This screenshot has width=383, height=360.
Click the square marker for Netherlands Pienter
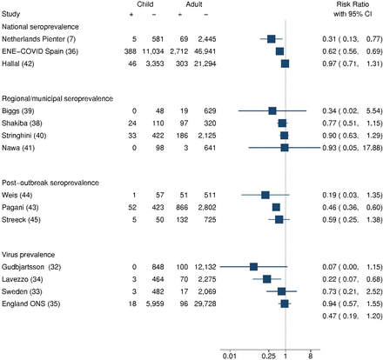pos(272,39)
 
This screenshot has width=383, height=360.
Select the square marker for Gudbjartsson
pos(253,267)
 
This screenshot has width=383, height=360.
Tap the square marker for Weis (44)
pos(265,195)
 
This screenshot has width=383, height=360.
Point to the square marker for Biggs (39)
pos(272,110)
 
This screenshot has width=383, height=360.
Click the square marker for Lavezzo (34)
pos(267,279)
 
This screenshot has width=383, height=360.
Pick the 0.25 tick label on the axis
pos(268,356)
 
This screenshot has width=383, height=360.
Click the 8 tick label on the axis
pos(311,356)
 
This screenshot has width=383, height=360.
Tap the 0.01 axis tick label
pos(230,356)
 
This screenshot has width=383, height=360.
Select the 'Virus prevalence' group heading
pos(29,255)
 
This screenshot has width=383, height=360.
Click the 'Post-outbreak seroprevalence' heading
pos(50,183)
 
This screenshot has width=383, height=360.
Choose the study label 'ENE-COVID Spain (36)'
pos(40,51)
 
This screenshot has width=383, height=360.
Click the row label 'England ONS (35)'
pos(31,303)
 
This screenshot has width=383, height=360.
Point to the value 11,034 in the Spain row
pos(153,51)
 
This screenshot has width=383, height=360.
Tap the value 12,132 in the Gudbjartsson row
pos(205,267)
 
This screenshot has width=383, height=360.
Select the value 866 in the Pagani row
pos(182,207)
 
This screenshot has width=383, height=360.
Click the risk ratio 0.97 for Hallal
pos(329,63)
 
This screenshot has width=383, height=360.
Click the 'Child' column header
pos(145,4)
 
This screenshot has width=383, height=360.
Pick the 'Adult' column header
pos(194,4)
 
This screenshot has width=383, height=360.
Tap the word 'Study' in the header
pos(10,14)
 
